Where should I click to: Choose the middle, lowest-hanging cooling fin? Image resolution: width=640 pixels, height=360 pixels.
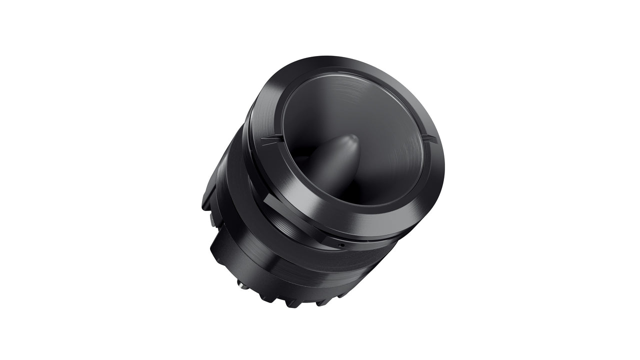[295, 303]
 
